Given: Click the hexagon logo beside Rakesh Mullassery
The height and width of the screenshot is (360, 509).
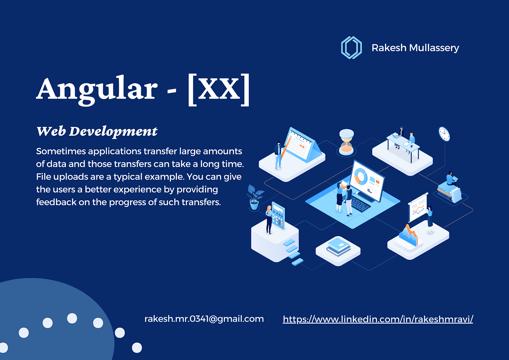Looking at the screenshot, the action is coord(351,48).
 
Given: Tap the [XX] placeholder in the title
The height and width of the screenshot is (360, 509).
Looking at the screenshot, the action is coord(219,89).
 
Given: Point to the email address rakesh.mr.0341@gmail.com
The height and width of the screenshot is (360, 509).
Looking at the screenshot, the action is coord(204,319).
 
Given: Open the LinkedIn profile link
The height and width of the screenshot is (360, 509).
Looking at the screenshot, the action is coord(378,319).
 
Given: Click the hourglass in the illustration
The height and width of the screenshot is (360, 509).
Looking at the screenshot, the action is coord(346,142).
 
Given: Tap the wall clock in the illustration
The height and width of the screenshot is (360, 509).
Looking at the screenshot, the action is coord(444,134).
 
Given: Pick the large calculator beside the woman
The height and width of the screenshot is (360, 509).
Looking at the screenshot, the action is coord(278,216).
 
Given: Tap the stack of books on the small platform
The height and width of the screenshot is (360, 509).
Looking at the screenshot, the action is coord(338,247).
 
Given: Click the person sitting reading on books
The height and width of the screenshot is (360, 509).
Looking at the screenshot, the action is coord(451,179).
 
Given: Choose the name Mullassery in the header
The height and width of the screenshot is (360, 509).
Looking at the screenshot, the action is coord(434,48).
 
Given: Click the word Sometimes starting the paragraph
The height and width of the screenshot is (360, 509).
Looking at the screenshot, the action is coord(61,151).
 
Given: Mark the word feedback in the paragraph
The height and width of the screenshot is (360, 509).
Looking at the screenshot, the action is coord(56,202).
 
